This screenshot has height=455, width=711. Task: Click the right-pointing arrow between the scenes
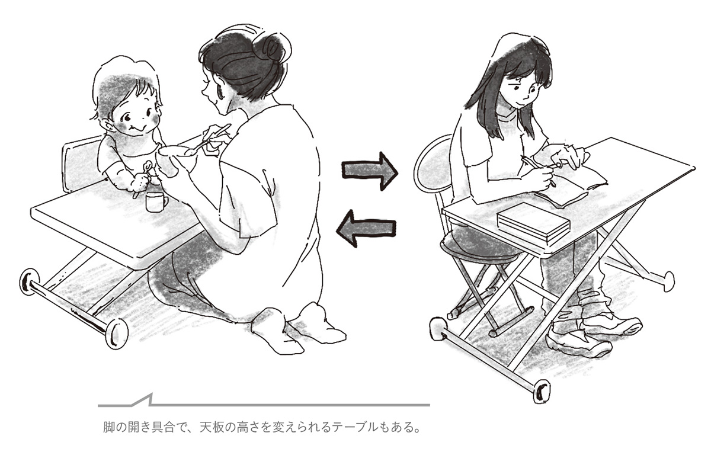370,171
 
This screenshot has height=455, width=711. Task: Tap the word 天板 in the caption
214,427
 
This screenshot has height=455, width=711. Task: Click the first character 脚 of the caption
110,427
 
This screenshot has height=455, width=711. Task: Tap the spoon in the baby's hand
142,178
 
